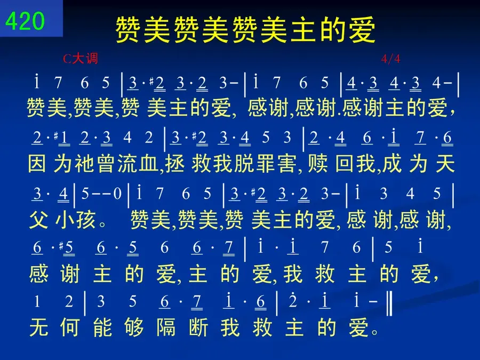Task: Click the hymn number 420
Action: (x=25, y=21)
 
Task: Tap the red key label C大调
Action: (x=81, y=58)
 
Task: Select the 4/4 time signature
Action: (x=390, y=59)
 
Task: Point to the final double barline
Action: (x=389, y=303)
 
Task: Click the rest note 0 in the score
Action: (x=117, y=194)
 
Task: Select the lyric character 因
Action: (x=37, y=163)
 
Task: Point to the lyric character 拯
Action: (x=174, y=163)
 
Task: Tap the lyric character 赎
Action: (x=318, y=163)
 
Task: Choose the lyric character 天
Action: (x=445, y=163)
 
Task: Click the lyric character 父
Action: (x=38, y=220)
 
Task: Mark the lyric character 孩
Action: (x=86, y=220)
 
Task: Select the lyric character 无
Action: (x=38, y=327)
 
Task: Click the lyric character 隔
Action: (x=166, y=327)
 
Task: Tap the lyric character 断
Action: (x=198, y=327)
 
